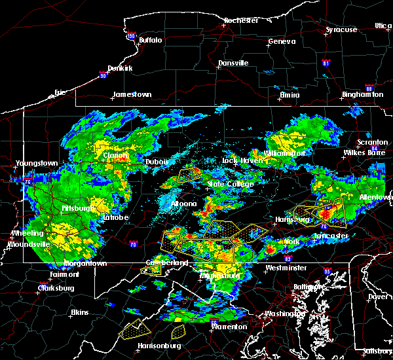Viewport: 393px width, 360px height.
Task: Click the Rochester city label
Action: [242, 20]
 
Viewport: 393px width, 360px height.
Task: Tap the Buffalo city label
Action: [150, 40]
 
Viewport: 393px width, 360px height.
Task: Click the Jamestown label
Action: [132, 94]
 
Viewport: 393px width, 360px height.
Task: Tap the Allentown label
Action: [375, 197]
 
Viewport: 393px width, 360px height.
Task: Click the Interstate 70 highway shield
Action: [134, 245]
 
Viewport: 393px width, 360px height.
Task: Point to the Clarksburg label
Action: [56, 287]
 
